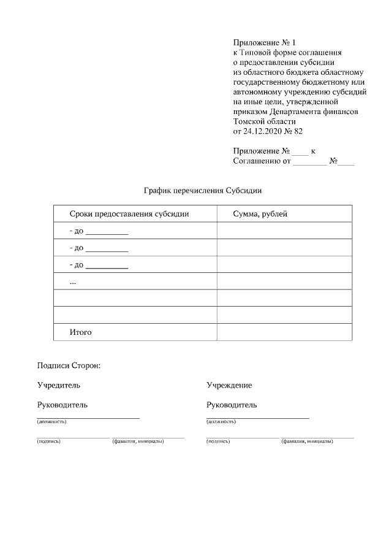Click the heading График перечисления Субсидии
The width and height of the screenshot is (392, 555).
tap(202, 191)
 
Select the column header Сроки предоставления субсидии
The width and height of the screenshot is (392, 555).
tap(129, 214)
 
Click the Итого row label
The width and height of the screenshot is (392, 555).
tap(81, 332)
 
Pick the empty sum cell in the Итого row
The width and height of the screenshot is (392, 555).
tap(284, 332)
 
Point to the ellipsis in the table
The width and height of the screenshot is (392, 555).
tap(73, 281)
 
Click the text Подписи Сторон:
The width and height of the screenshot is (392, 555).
tap(68, 366)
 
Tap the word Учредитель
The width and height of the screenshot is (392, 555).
tap(58, 385)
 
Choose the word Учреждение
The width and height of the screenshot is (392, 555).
tap(229, 385)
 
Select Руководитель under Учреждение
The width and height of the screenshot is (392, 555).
tap(232, 405)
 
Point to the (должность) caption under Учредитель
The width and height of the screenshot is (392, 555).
tap(51, 422)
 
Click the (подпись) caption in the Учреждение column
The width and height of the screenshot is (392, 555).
tap(218, 441)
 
